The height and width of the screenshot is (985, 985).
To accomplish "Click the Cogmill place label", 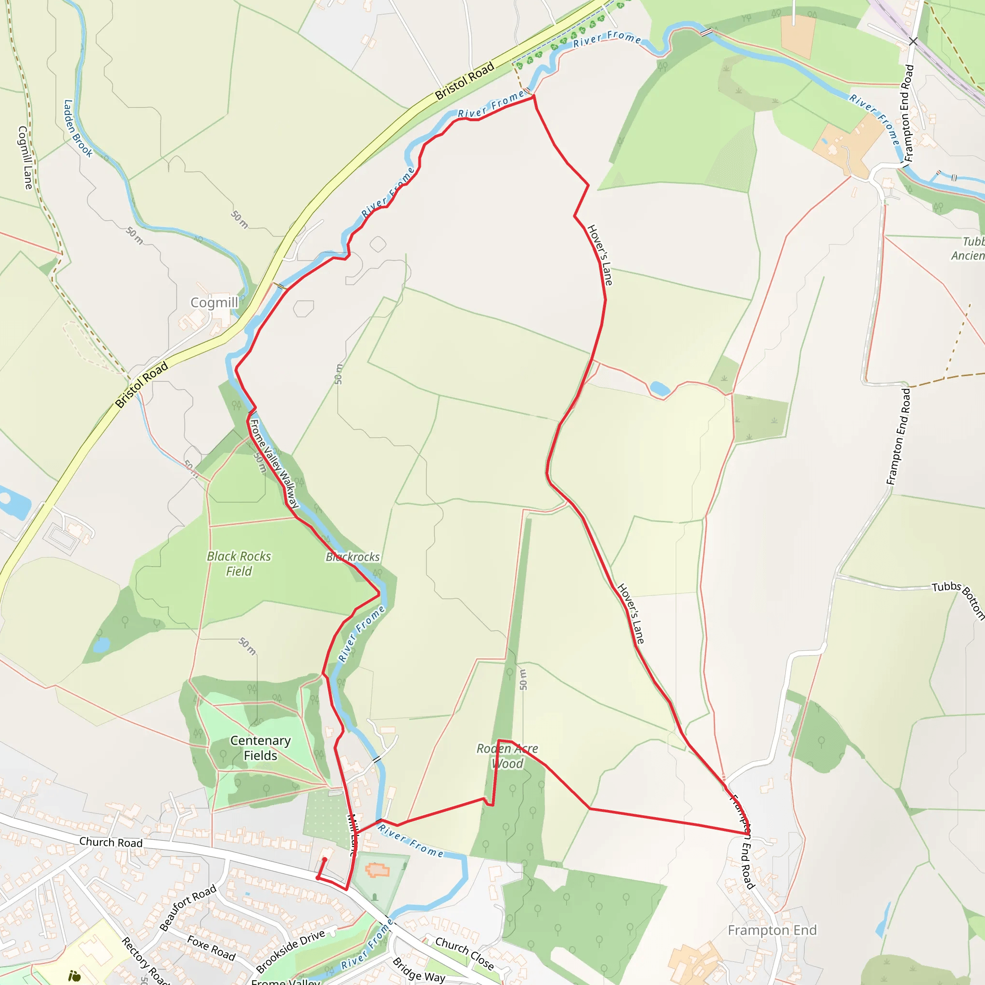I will (x=214, y=303).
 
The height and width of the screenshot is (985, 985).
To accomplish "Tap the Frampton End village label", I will (x=772, y=931).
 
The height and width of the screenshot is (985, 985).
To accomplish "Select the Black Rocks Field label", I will (x=239, y=563).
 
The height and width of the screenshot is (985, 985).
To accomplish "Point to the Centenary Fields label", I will (x=260, y=748).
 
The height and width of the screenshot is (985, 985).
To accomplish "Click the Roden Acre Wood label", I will (x=507, y=756).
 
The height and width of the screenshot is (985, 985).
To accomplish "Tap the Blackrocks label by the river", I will (x=353, y=557).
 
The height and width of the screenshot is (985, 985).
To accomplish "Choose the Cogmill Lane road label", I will (x=25, y=158).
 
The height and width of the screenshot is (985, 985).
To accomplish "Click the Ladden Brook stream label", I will (x=77, y=128).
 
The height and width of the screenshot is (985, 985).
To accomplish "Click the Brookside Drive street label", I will (x=290, y=951).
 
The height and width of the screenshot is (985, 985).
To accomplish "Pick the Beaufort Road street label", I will (x=188, y=908).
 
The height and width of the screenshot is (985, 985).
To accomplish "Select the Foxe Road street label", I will (x=211, y=948).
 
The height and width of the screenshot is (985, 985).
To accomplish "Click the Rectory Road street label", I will (x=145, y=961).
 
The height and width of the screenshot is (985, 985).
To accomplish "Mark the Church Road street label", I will (x=111, y=842).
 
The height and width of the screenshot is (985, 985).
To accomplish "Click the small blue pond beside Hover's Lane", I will (x=660, y=389).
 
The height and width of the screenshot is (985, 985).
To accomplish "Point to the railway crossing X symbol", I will (x=913, y=41).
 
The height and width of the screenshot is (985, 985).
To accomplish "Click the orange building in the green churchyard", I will (x=377, y=870).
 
